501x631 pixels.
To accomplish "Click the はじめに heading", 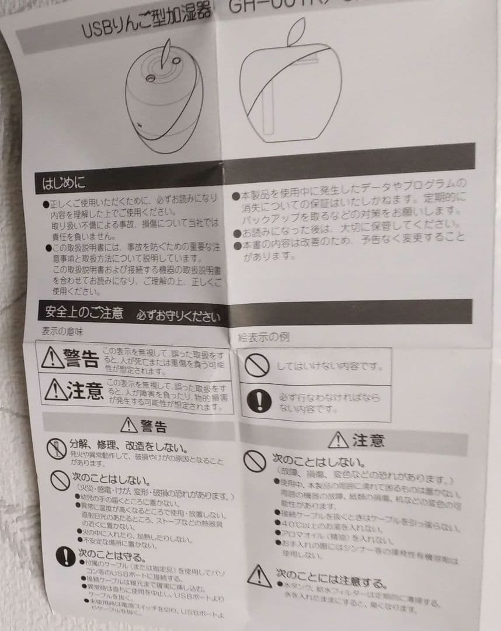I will tap(64, 183).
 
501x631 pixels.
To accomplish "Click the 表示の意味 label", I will tap(62, 331).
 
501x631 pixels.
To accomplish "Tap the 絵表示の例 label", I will tap(263, 337).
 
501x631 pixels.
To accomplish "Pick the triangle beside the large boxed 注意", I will tap(56, 389).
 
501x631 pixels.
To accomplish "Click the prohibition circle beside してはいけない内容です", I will tap(256, 366).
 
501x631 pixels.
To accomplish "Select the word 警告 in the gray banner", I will tap(153, 425).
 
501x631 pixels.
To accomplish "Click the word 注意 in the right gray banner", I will tap(368, 440).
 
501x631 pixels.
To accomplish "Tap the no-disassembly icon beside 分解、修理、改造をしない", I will tap(56, 449).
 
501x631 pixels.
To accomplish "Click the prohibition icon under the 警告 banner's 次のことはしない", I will tap(60, 480).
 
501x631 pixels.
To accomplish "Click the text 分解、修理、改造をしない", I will tap(128, 446).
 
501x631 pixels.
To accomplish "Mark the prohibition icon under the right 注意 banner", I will tap(255, 461).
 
